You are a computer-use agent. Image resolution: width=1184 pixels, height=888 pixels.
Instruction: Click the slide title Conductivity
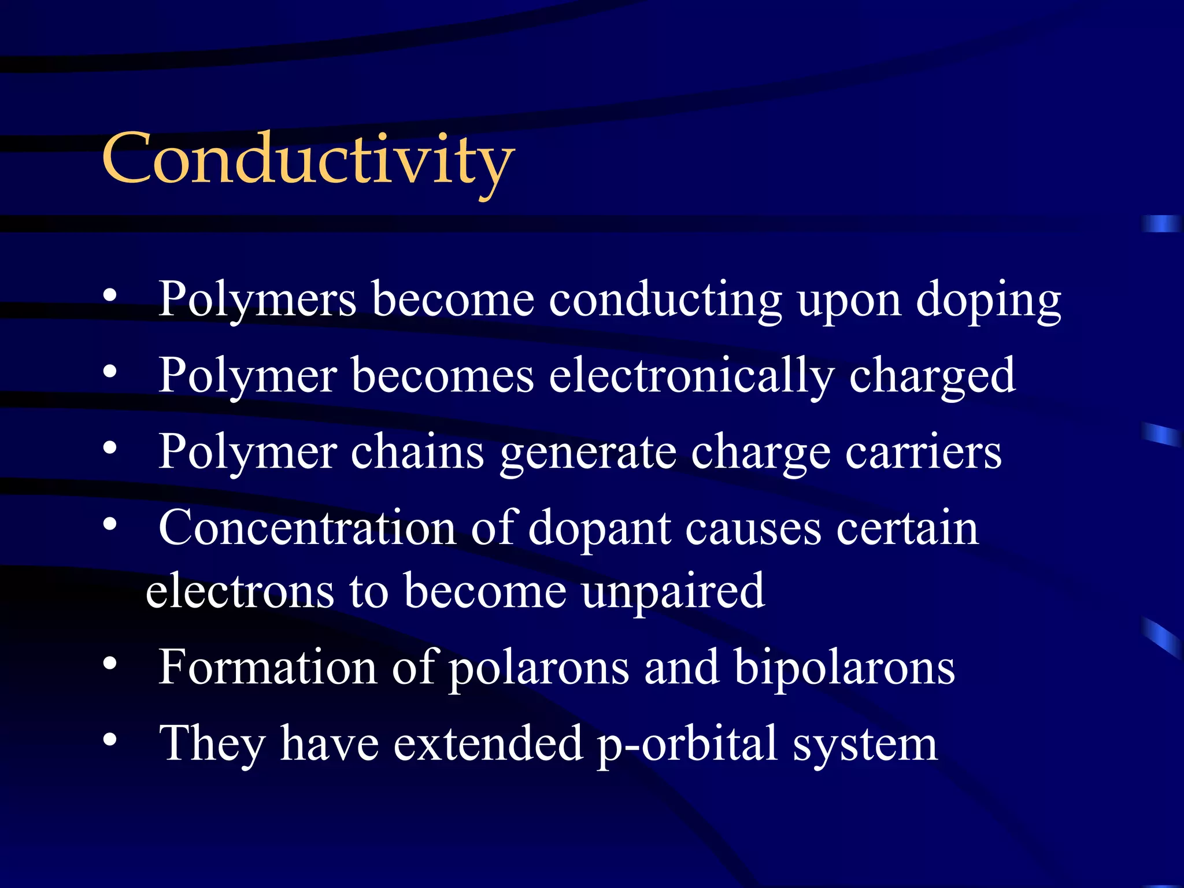point(308,160)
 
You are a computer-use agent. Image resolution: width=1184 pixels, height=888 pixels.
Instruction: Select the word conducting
point(665,301)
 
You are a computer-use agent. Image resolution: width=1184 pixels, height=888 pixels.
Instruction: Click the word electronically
point(691,377)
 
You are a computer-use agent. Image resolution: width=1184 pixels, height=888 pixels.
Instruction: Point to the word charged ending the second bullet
point(931,377)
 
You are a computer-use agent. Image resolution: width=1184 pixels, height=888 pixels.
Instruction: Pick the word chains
point(417,453)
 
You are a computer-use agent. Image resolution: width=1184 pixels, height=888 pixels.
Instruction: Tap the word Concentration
point(307,528)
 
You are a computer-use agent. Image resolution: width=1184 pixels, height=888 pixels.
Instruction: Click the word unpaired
point(673,592)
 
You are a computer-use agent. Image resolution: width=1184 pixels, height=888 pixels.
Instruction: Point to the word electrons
point(240,592)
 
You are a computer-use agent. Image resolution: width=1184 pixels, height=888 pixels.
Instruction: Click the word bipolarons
point(844,668)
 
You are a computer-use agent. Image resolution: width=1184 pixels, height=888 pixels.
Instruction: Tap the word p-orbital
point(687,745)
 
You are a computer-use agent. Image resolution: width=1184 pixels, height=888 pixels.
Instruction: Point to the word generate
point(587,454)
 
